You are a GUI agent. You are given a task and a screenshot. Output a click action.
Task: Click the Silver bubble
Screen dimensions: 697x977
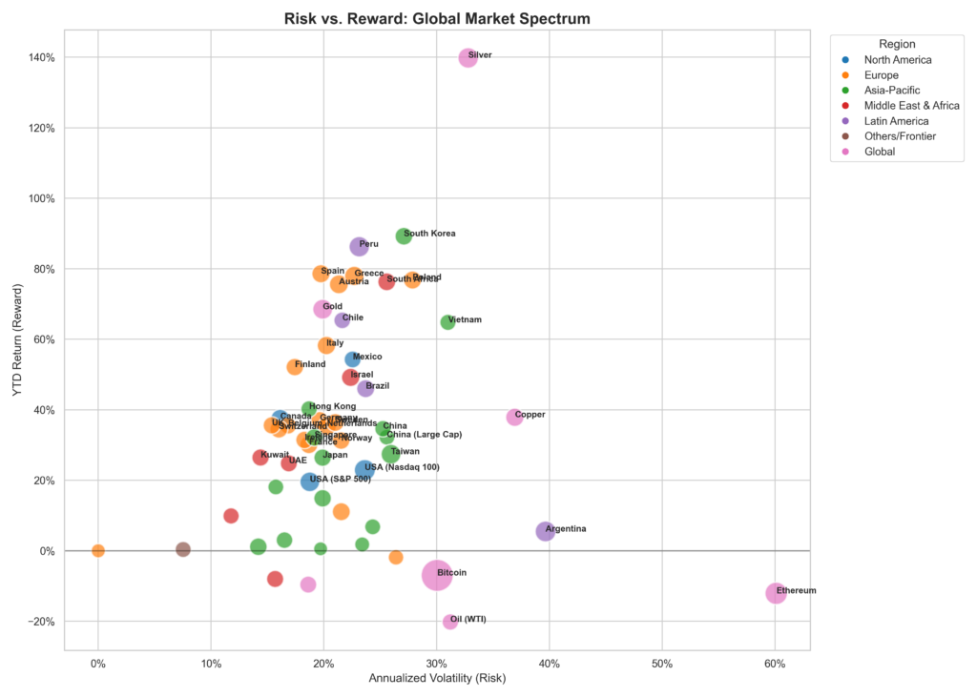coord(468,57)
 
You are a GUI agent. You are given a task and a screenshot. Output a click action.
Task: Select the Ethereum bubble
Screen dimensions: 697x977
coord(776,593)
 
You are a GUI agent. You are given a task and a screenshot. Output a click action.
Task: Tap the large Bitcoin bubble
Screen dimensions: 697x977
coord(436,575)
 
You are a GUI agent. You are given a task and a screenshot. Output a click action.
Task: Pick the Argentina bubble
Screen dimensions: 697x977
coord(545,531)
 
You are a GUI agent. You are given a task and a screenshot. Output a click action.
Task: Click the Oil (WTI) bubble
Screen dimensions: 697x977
coord(449,622)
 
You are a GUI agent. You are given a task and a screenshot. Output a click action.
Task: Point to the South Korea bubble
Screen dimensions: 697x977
coord(404,236)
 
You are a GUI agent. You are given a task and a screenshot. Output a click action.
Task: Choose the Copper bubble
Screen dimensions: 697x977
coord(514,417)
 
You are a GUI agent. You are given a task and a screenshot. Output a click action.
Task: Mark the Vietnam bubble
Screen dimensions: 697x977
coord(447,322)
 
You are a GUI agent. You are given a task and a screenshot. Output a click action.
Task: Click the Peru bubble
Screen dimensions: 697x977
coord(359,246)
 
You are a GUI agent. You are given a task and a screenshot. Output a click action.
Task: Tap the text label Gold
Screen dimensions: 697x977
coord(332,307)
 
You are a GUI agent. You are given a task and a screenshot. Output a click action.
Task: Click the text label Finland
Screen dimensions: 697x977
coord(310,364)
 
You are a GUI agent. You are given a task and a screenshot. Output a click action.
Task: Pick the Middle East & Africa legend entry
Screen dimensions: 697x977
coord(911,106)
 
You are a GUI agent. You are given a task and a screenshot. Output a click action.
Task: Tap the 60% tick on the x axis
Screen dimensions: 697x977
coord(775,663)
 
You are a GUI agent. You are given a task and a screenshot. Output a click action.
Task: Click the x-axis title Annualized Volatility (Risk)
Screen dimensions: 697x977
coord(437,679)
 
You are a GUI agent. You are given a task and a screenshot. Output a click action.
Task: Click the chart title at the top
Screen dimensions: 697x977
coord(437,18)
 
